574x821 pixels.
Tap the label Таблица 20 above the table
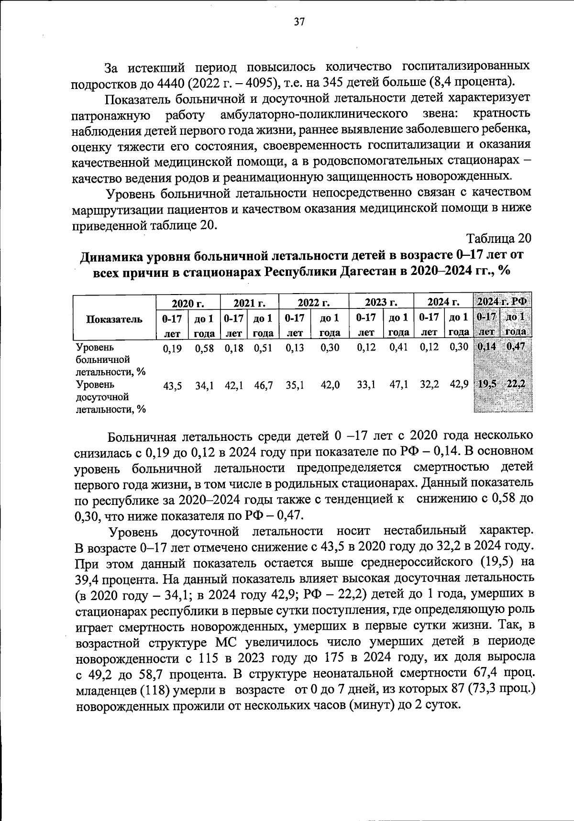(498, 239)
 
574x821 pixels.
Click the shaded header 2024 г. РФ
(502, 302)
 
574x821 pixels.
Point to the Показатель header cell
(114, 319)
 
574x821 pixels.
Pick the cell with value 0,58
(204, 348)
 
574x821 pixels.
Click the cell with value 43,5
(172, 386)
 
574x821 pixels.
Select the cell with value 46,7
(263, 386)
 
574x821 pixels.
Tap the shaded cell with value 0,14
(486, 347)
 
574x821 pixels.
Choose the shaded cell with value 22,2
(517, 384)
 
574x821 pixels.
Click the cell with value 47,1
(398, 385)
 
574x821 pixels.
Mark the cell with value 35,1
(295, 386)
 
